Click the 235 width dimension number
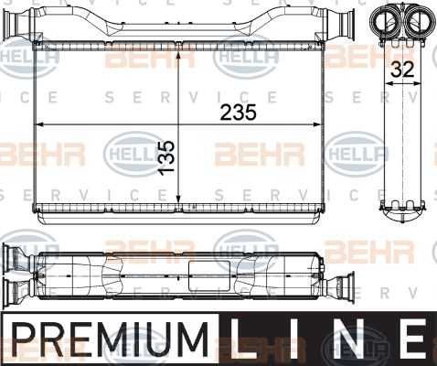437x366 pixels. click(x=239, y=113)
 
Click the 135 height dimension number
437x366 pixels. click(x=167, y=158)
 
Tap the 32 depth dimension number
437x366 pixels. click(x=402, y=70)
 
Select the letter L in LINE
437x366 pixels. click(x=240, y=339)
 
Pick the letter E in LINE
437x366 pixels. click(x=415, y=339)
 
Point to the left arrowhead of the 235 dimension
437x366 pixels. click(x=40, y=124)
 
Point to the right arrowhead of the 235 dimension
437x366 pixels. click(x=317, y=124)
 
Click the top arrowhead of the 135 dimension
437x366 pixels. click(x=178, y=54)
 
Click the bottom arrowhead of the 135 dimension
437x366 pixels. click(x=178, y=199)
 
